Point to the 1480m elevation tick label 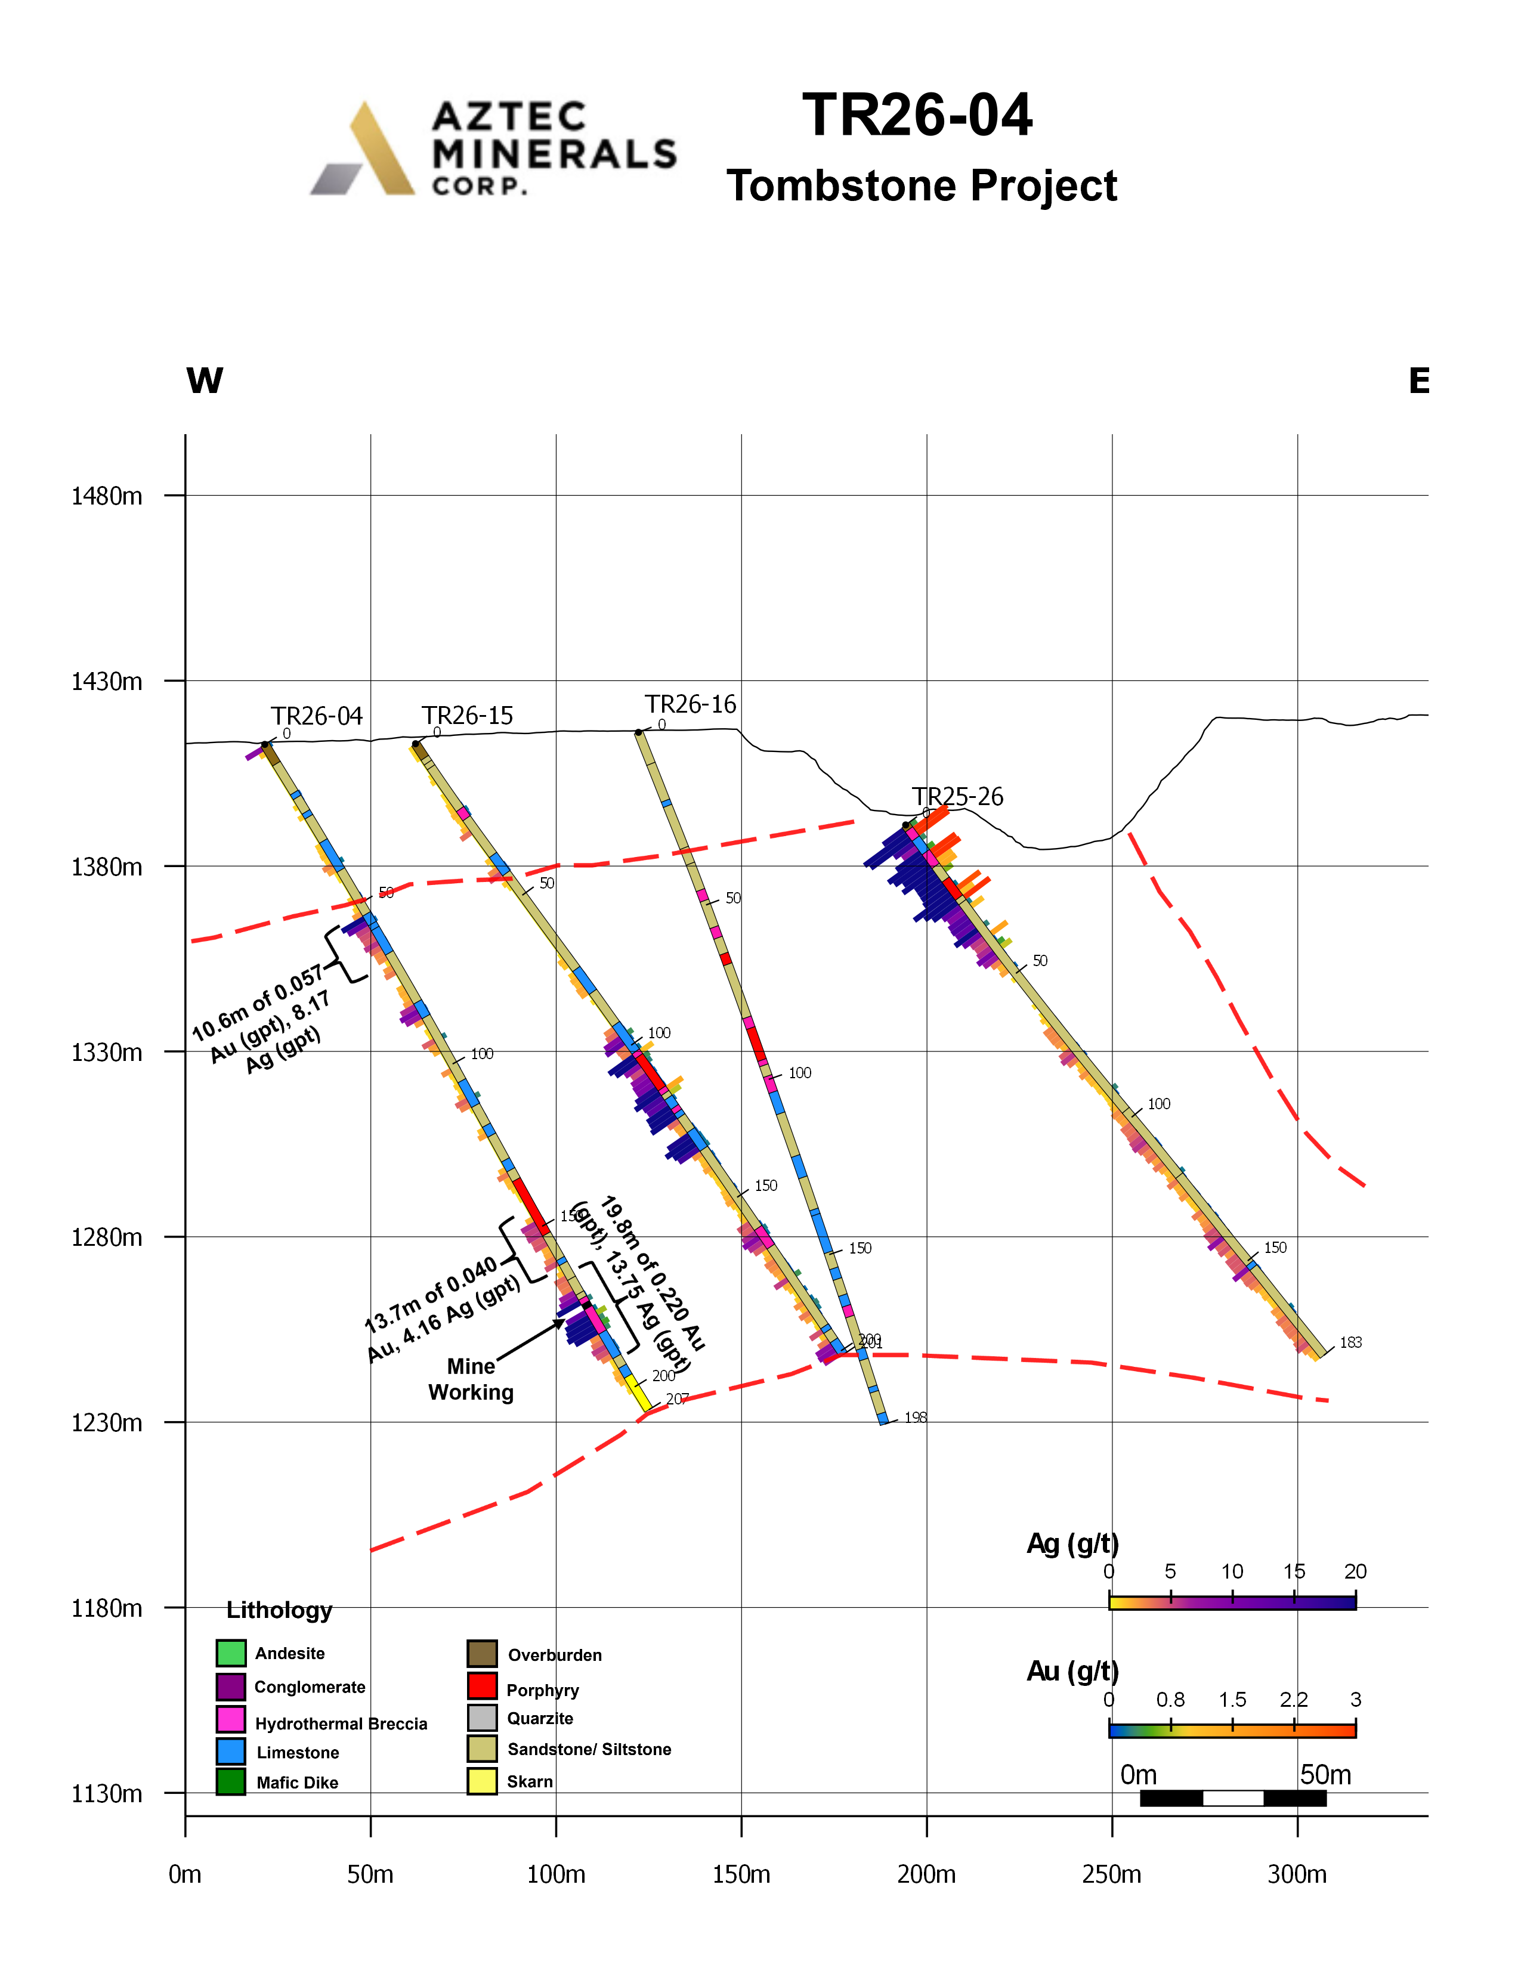pos(106,496)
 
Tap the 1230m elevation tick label pos(106,1422)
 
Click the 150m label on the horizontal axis pos(741,1874)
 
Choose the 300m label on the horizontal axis pos(1297,1874)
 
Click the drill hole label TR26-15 pos(467,716)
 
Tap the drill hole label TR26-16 pos(690,704)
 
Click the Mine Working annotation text pos(471,1379)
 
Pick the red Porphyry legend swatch pos(482,1686)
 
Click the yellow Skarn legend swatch pos(482,1781)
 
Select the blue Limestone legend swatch pos(231,1751)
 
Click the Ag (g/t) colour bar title pos(1072,1543)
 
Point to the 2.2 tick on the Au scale pos(1294,1700)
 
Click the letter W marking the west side pos(205,380)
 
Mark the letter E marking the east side pos(1419,380)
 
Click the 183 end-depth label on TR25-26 pos(1350,1342)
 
